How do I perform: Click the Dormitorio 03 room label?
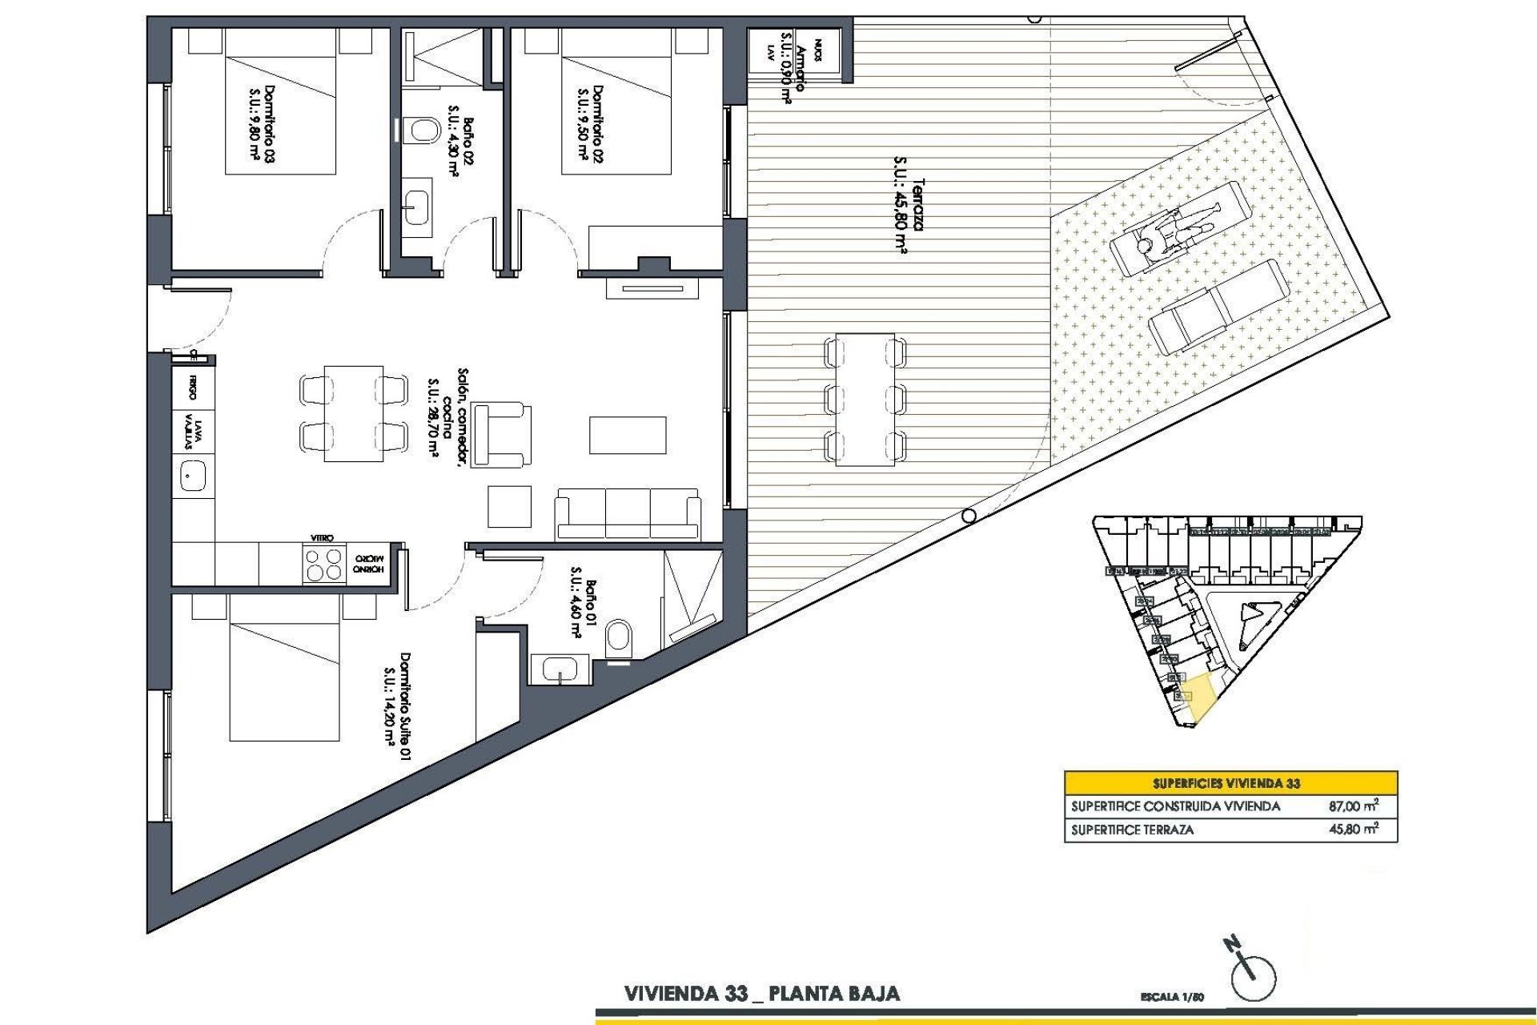[262, 125]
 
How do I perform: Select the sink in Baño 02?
[417, 201]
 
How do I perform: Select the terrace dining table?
[865, 399]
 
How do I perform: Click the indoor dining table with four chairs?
[354, 413]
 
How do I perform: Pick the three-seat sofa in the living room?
[628, 513]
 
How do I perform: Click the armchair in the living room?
[502, 435]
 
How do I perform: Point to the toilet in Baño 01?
[619, 638]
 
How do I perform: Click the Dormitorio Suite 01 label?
[396, 705]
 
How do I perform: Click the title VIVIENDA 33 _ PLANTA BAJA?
[761, 994]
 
